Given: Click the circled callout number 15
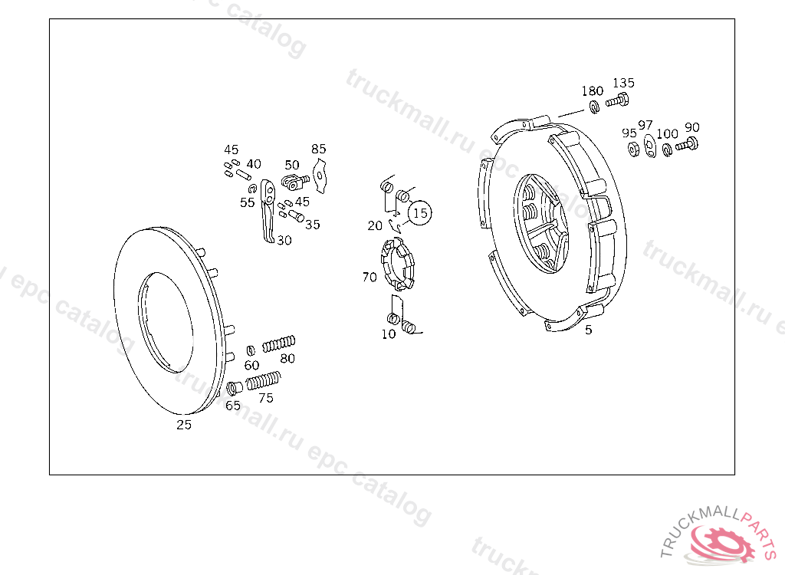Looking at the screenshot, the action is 420,213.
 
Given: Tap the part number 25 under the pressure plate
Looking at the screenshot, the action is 184,425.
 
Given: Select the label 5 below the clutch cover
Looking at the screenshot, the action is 589,330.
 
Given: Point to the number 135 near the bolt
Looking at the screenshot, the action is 623,83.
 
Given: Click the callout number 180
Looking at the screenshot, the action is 593,90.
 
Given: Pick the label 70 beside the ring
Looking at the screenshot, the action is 370,277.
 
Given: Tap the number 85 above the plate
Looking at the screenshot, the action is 318,149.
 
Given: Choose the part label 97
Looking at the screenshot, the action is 645,125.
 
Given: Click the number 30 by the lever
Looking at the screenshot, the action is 284,241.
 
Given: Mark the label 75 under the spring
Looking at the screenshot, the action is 266,398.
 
